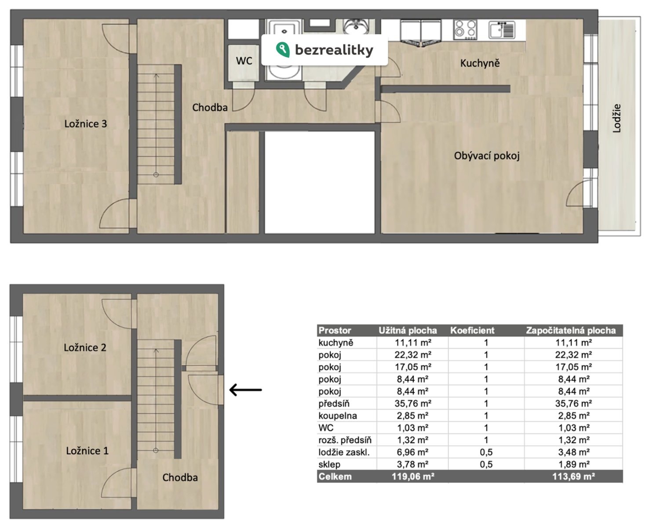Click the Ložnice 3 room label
[x=86, y=123]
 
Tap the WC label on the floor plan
[x=244, y=61]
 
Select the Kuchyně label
[x=480, y=63]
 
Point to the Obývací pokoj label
[x=487, y=156]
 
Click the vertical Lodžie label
[x=617, y=119]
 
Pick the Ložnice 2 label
[x=85, y=347]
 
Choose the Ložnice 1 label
[x=88, y=451]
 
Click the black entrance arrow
[x=246, y=390]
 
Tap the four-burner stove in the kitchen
[x=465, y=29]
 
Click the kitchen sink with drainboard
[x=502, y=29]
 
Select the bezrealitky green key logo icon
[x=283, y=50]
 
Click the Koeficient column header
[x=472, y=330]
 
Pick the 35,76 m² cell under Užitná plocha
[x=413, y=404]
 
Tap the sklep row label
[x=329, y=464]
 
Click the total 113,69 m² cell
[x=573, y=476]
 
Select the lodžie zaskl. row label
[x=344, y=452]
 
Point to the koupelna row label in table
[x=338, y=415]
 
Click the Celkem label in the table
[x=335, y=476]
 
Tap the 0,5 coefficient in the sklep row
[x=486, y=464]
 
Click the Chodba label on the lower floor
[x=180, y=477]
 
